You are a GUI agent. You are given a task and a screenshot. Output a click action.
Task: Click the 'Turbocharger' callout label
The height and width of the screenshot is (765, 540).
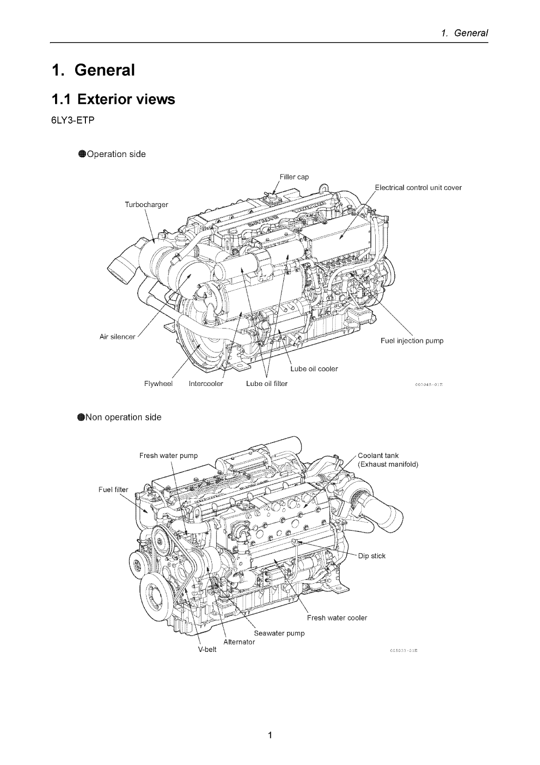(x=146, y=205)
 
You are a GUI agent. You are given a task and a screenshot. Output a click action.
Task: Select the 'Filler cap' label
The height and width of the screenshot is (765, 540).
(x=294, y=177)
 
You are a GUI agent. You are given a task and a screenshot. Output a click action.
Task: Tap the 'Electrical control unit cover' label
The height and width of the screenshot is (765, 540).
(x=418, y=188)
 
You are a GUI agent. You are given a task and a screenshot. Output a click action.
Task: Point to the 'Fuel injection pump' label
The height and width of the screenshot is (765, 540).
(x=412, y=341)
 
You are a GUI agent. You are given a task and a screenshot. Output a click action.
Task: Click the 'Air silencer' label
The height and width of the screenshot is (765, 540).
(x=117, y=336)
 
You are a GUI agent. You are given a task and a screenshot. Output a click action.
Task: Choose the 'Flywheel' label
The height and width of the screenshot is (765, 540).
(x=158, y=384)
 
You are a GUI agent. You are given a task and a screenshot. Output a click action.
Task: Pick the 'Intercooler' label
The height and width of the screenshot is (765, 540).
(x=206, y=384)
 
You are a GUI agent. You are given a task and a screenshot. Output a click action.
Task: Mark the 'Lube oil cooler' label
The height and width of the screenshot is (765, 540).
(x=314, y=369)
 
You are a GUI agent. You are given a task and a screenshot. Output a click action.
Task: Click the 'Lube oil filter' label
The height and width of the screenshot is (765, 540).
(x=266, y=384)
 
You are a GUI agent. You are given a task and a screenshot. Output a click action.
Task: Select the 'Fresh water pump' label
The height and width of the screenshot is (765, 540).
(x=168, y=455)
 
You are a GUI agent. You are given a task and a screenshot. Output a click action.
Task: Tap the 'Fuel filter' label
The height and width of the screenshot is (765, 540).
(x=113, y=490)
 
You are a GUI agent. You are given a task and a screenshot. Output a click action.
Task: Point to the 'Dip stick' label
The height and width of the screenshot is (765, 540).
(x=372, y=556)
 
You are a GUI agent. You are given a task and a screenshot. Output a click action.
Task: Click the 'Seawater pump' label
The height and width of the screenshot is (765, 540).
(x=279, y=633)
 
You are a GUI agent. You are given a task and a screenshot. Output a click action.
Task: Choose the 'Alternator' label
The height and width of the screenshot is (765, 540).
(x=239, y=642)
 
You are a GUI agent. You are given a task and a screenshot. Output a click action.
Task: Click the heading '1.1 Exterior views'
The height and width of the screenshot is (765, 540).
(x=113, y=100)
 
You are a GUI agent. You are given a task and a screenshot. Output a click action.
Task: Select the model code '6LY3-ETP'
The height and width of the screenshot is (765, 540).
(x=73, y=121)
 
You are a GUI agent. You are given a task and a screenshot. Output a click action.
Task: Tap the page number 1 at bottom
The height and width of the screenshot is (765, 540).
(x=270, y=736)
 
